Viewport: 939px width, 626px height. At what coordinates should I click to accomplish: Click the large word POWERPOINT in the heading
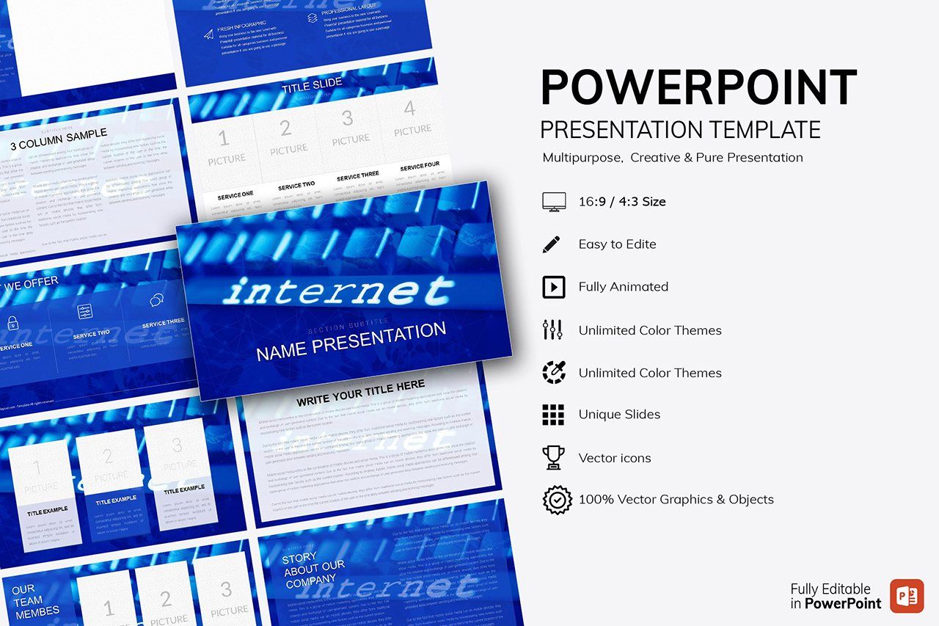698,87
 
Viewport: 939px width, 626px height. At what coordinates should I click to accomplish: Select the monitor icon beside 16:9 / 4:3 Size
553,202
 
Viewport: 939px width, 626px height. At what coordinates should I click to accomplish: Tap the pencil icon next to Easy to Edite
552,244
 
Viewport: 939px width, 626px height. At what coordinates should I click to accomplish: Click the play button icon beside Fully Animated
553,287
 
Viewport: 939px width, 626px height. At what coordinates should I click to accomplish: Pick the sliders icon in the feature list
552,330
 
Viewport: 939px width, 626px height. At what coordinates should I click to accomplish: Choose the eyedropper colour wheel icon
553,372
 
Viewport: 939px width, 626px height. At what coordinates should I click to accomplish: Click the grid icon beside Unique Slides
553,415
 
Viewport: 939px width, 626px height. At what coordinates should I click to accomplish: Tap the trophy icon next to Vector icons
553,457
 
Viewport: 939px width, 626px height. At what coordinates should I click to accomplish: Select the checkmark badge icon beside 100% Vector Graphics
557,500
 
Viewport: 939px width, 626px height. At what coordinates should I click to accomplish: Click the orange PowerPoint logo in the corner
907,596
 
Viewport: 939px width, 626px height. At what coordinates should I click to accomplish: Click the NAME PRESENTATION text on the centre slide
351,342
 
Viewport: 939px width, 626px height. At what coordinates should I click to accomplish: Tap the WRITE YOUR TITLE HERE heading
360,393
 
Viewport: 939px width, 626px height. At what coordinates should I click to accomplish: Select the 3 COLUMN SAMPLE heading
59,139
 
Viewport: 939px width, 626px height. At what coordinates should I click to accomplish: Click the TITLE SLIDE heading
312,85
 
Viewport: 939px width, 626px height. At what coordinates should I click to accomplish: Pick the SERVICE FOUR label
420,167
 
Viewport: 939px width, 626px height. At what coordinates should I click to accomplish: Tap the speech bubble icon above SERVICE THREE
156,300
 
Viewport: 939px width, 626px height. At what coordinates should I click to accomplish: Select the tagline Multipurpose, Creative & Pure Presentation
673,158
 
